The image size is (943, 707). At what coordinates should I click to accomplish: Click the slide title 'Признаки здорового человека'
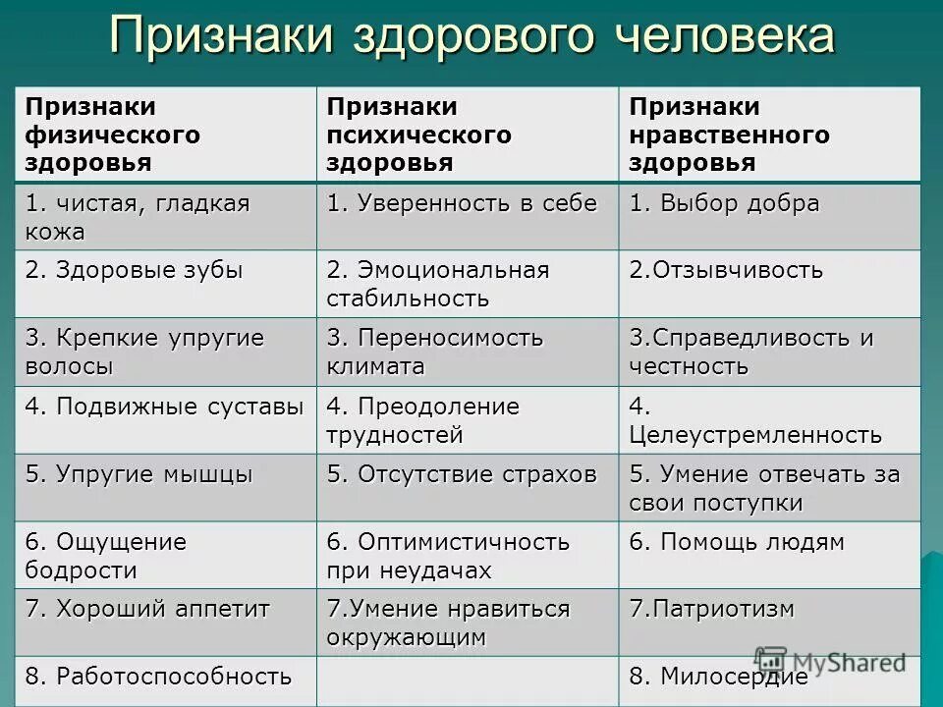pos(471,37)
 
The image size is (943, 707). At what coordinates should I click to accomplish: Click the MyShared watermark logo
pos(830,661)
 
